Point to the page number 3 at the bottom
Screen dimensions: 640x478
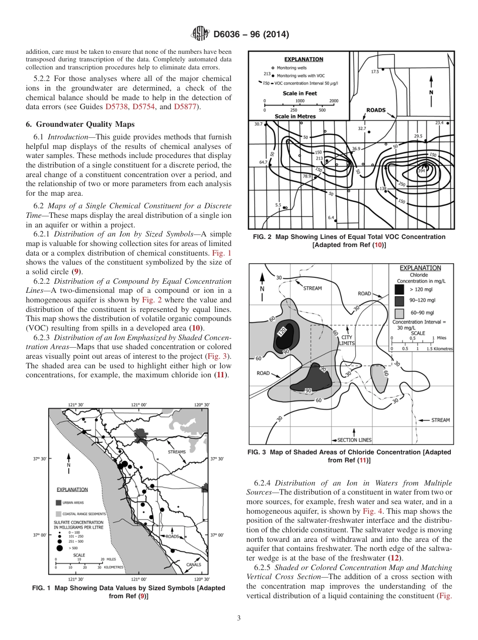pos(238,618)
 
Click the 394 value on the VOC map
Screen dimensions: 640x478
pos(422,171)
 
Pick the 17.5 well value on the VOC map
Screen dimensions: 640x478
pos(375,71)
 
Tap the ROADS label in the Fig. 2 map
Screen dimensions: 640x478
pos(375,110)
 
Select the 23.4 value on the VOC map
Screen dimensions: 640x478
pos(439,122)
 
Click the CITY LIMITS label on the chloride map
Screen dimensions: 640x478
pos(347,341)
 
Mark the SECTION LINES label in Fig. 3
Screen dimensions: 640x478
pos(354,440)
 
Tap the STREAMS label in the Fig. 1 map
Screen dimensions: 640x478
pos(177,452)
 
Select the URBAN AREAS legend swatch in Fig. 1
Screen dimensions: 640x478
pos(58,502)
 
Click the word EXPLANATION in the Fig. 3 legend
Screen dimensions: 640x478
pos(420,268)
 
